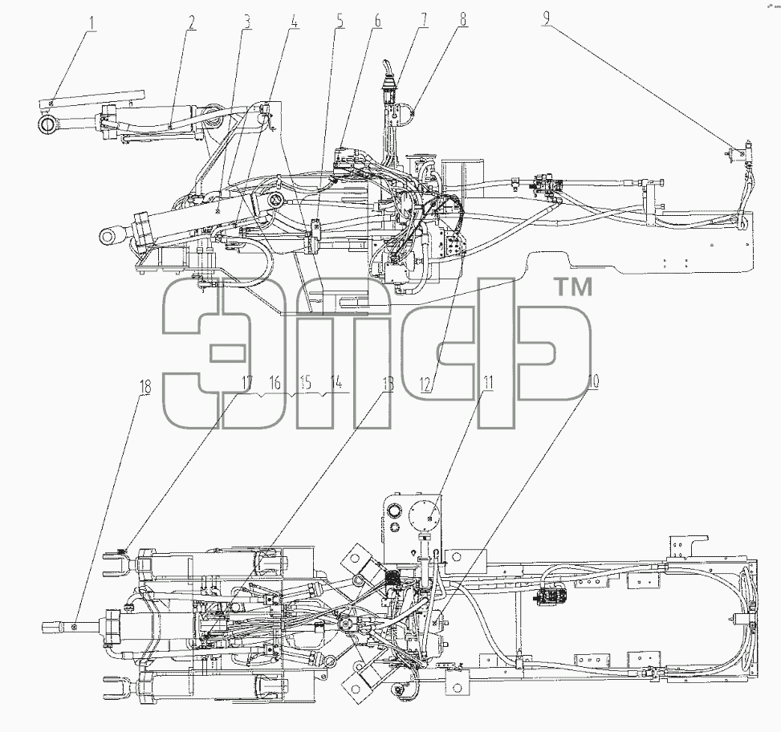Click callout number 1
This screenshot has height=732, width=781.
coord(92,23)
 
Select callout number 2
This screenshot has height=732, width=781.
coord(192,22)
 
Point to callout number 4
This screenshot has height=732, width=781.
coord(295,22)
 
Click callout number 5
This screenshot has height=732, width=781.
coord(340,22)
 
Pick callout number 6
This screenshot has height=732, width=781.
coord(377,20)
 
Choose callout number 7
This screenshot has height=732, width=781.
coord(424,20)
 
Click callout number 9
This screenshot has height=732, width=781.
coord(547,18)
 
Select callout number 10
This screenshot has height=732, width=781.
coord(593,382)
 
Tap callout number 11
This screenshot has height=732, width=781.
coord(488,383)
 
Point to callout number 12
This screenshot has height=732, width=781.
coord(426,384)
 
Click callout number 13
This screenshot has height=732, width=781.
coord(387,384)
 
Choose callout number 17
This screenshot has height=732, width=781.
coord(247,383)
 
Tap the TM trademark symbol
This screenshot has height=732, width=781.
coord(573,287)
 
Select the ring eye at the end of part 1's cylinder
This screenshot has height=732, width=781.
coord(48,124)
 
